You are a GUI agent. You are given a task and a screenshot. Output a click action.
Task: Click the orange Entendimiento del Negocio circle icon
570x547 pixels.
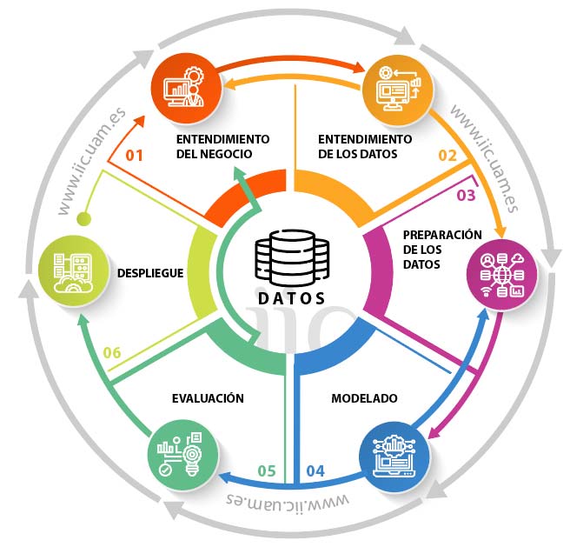pyautogui.click(x=186, y=88)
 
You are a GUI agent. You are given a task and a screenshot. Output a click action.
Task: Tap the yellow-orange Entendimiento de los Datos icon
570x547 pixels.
pyautogui.click(x=398, y=90)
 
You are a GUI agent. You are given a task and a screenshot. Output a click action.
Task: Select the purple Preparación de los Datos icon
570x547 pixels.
pyautogui.click(x=502, y=275)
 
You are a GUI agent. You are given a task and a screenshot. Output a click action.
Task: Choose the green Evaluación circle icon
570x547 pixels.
pyautogui.click(x=182, y=455)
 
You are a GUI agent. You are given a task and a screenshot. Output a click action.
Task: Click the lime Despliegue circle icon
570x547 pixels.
pyautogui.click(x=74, y=271)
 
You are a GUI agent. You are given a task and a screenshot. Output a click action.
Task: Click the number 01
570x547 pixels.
pyautogui.click(x=134, y=156)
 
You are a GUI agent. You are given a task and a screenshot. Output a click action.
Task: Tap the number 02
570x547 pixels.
pyautogui.click(x=447, y=156)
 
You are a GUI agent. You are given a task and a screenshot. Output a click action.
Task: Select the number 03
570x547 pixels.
pyautogui.click(x=466, y=196)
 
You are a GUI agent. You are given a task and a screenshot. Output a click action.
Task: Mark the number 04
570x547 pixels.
pyautogui.click(x=315, y=471)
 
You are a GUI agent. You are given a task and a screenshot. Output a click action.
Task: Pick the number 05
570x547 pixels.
pyautogui.click(x=267, y=471)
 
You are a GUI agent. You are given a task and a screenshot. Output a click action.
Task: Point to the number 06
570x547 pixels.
pyautogui.click(x=112, y=353)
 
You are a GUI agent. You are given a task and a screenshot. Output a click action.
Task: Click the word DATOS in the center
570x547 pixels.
pyautogui.click(x=292, y=299)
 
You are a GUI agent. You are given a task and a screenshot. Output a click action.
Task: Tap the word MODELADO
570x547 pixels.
pyautogui.click(x=364, y=398)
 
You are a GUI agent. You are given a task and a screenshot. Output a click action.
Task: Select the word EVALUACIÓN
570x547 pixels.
pyautogui.click(x=208, y=397)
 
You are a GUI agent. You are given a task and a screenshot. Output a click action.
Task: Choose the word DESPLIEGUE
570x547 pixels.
pyautogui.click(x=150, y=273)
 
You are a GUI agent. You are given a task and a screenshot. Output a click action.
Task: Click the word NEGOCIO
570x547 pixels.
pyautogui.click(x=226, y=154)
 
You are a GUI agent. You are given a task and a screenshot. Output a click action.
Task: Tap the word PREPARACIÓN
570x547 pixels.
pyautogui.click(x=442, y=235)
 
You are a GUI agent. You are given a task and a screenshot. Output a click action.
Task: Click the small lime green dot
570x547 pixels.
pyautogui.click(x=84, y=219)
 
